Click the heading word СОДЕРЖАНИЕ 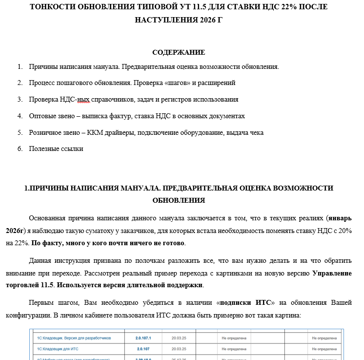179,52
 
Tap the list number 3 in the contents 20,99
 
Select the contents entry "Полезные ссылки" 56,148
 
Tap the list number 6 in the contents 20,148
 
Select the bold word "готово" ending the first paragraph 173,243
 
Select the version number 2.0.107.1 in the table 143,338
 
